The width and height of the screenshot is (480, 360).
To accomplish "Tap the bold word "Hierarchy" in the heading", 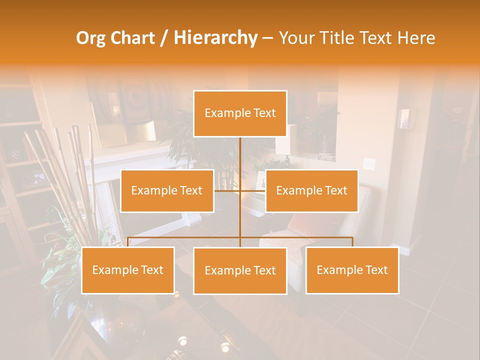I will tap(215, 38).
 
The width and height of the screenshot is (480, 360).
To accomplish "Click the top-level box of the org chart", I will tap(240, 113).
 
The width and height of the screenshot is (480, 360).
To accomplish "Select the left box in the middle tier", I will tap(167, 190).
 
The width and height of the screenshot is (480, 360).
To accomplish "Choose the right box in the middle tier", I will tap(311, 190).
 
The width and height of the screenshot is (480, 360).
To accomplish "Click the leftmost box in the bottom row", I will tap(128, 270).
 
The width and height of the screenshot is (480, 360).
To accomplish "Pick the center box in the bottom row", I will tap(240, 270).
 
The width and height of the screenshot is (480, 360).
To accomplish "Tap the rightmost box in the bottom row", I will tap(352, 270).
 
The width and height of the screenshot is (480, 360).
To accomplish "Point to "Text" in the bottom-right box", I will tap(376, 270).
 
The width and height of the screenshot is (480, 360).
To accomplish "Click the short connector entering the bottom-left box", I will tap(128, 242).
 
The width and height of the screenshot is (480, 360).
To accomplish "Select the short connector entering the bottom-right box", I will tap(352, 242).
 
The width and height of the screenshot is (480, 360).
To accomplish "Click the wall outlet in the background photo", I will tap(369, 163).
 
